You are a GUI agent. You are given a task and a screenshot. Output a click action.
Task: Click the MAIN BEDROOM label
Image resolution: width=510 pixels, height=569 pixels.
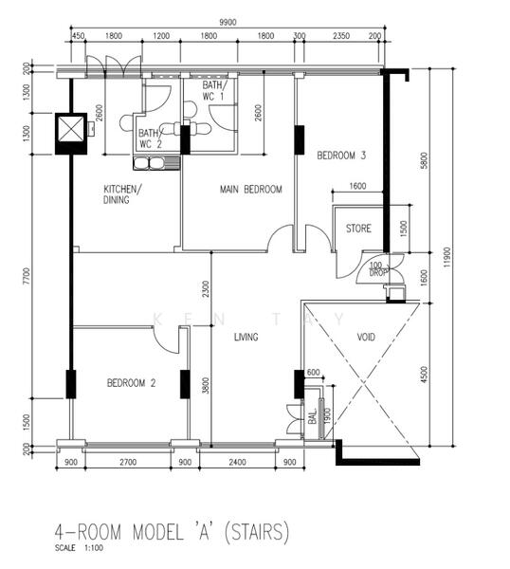coord(250,189)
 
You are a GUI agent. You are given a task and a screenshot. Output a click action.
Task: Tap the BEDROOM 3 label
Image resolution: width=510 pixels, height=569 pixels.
coord(341,156)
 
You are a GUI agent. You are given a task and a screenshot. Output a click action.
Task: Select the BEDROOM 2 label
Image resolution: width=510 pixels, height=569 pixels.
coord(132,383)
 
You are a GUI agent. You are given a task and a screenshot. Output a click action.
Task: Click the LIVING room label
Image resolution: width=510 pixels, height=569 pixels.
coord(246,337)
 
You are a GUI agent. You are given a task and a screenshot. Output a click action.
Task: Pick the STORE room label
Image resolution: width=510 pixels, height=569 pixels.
coord(358,229)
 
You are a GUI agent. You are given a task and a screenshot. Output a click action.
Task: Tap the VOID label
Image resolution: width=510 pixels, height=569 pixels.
coord(366,337)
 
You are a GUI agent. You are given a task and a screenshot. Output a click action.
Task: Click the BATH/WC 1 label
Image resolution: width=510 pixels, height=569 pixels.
coord(214,91)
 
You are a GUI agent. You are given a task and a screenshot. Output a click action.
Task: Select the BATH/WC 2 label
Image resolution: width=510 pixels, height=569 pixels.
coord(151,138)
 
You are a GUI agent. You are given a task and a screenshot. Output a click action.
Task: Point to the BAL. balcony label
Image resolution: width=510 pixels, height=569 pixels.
coord(313,415)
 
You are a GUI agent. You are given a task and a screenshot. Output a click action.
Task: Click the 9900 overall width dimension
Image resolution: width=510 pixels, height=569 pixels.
coord(228,22)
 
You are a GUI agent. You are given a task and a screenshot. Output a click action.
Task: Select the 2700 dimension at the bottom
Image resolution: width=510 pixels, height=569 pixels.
coord(128,462)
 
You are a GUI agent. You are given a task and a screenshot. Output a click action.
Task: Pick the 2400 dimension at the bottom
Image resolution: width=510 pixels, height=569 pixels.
coord(237,462)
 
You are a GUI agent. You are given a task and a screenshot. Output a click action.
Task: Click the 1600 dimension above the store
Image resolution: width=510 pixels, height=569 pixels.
coord(357,186)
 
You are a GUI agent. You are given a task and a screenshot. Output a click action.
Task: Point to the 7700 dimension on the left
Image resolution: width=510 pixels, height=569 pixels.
coord(27,277)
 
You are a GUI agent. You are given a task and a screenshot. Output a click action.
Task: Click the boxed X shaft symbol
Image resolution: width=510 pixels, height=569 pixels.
coord(71,134)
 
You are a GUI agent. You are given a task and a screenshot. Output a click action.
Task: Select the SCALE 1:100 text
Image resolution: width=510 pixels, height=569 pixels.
coord(79,548)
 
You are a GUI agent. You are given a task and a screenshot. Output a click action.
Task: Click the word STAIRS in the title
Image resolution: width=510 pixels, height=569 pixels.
coord(257,532)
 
